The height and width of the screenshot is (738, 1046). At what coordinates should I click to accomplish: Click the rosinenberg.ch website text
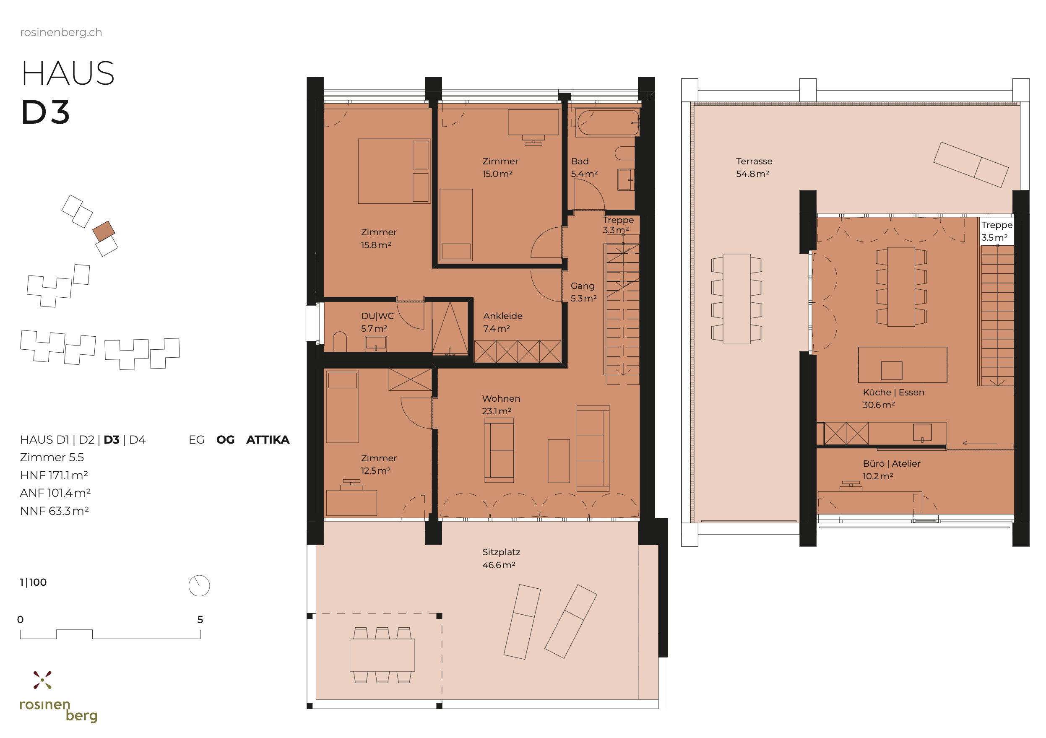(61, 32)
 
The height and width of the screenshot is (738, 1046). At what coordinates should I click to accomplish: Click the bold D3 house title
(46, 112)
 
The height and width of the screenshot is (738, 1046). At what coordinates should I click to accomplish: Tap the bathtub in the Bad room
(608, 122)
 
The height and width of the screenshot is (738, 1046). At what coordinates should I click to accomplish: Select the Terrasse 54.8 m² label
(754, 167)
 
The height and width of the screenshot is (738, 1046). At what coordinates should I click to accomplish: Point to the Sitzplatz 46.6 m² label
(501, 558)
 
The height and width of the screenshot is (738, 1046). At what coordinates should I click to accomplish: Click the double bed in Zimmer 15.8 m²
(394, 171)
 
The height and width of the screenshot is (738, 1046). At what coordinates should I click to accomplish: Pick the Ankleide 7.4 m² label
(502, 322)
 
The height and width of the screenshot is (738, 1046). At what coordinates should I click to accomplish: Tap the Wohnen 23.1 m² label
(501, 405)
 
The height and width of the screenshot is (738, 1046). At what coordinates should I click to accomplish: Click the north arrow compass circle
(199, 585)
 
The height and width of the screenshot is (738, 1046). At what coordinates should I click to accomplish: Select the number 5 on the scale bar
(200, 620)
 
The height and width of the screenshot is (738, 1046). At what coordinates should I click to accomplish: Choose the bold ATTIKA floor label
(268, 439)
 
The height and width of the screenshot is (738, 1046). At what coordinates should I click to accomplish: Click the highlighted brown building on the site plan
(104, 231)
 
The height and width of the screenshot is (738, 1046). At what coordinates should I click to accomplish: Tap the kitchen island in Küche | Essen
(902, 364)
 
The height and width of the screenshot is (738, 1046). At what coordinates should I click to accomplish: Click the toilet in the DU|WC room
(340, 342)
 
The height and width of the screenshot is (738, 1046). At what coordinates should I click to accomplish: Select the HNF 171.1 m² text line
(54, 475)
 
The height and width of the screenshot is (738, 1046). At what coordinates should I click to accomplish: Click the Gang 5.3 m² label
(583, 291)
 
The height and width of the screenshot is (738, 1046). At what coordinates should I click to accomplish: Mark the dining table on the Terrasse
(736, 299)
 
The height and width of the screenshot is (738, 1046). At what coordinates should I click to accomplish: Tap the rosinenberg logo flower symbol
(42, 680)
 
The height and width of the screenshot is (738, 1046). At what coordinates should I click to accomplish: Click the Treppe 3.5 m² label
(997, 231)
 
